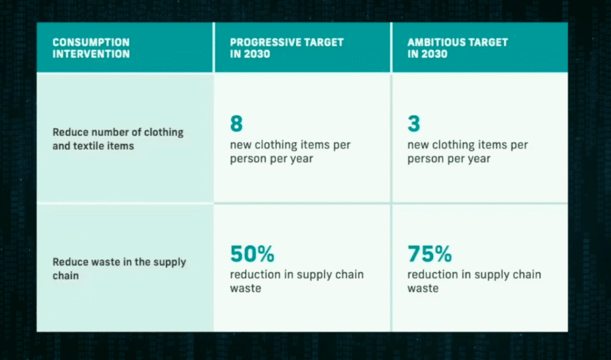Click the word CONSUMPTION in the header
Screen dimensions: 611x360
click(91, 42)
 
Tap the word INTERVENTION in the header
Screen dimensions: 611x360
click(91, 54)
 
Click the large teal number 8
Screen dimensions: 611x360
click(236, 123)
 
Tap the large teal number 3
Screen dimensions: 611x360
click(414, 123)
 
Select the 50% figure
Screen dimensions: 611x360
click(252, 254)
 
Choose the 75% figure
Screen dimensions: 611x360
click(430, 254)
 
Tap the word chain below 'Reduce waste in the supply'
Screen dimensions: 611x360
click(66, 275)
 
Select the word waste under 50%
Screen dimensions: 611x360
click(245, 288)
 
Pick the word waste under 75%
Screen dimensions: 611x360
click(423, 288)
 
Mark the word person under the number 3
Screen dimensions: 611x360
click(425, 159)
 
